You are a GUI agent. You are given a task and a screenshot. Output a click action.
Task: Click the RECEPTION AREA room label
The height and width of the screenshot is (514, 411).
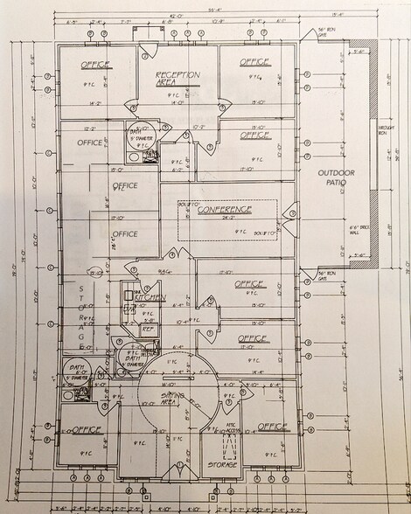178,79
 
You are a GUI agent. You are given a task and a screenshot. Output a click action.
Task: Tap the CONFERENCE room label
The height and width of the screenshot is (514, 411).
224,210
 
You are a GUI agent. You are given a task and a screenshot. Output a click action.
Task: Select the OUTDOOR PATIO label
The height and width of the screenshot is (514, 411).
337,178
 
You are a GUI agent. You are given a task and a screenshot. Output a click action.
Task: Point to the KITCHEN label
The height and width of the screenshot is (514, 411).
151,298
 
